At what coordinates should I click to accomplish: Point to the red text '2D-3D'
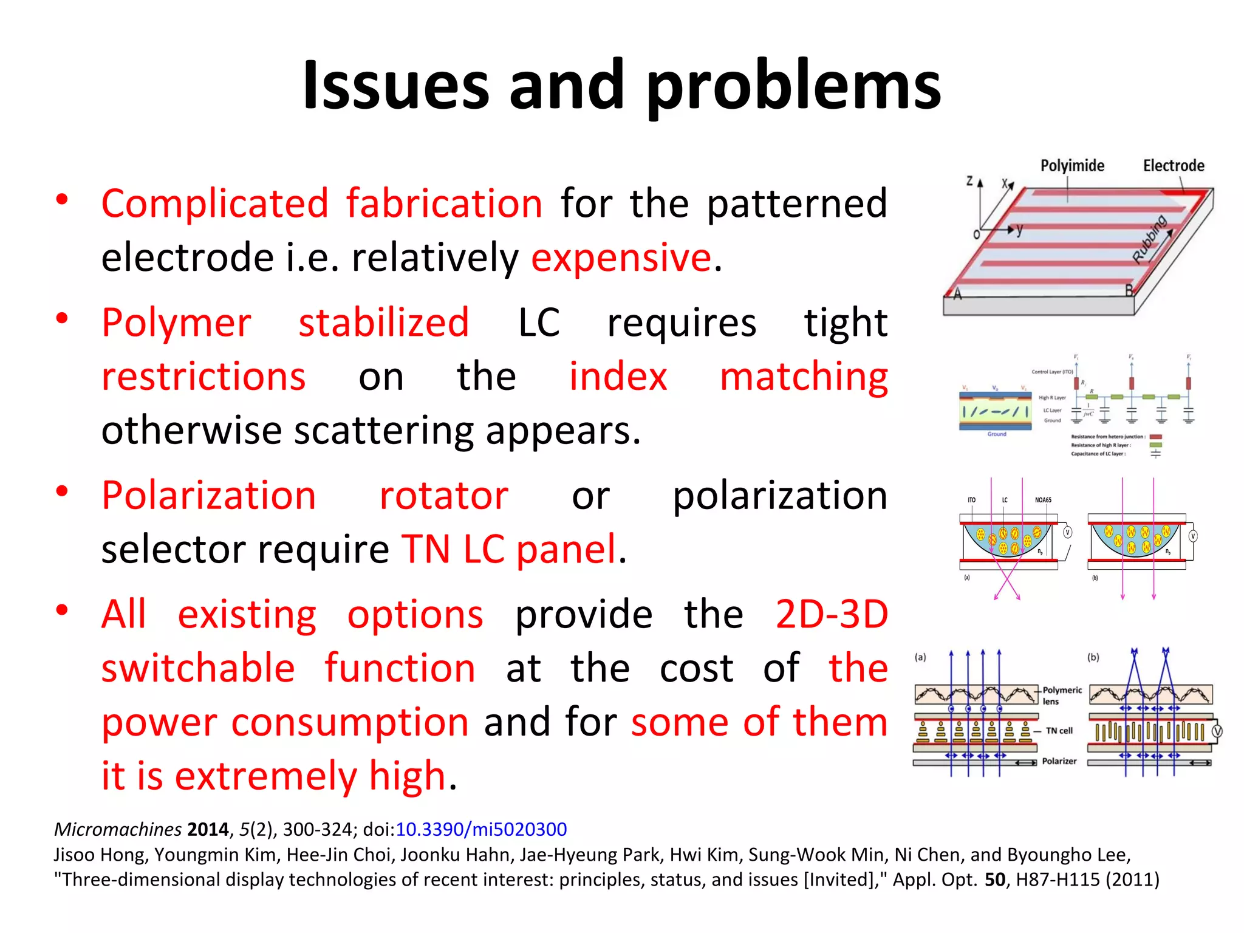click(832, 614)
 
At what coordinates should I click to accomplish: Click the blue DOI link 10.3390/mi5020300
click(481, 829)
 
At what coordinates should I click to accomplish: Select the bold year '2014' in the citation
click(208, 829)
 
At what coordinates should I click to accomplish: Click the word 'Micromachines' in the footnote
click(118, 829)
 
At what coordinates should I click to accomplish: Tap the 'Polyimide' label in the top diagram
click(1072, 165)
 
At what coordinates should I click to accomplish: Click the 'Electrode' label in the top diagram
click(1173, 165)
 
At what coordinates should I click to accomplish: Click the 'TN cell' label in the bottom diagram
click(1059, 731)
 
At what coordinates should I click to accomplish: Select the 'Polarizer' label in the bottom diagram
click(1059, 761)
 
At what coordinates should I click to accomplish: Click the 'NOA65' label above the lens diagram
click(1043, 500)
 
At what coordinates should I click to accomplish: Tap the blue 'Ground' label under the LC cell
click(996, 434)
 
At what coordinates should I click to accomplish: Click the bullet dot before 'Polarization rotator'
click(61, 491)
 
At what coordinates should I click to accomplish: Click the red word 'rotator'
click(443, 496)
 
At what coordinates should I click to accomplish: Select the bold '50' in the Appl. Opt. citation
click(995, 880)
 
